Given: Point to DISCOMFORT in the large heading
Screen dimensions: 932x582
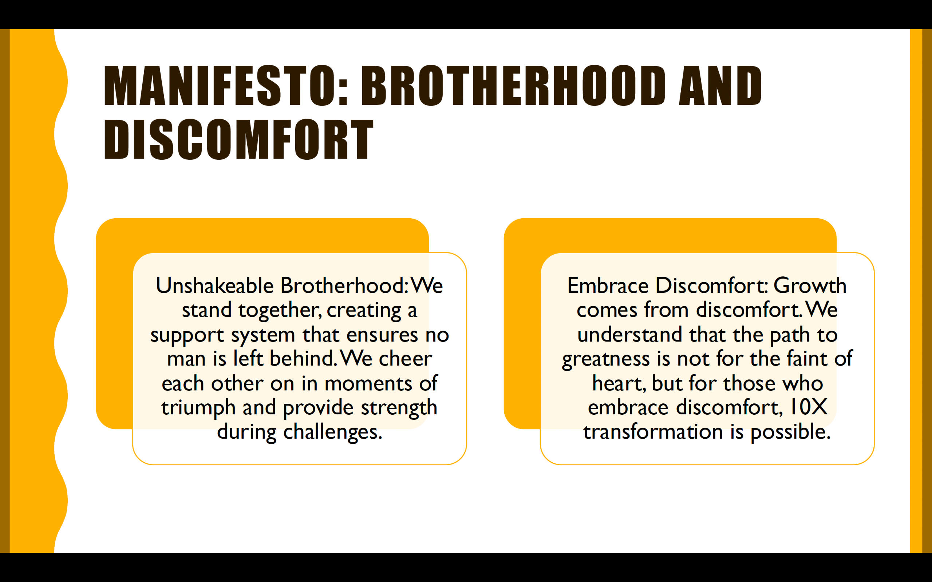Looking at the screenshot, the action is pos(239,139).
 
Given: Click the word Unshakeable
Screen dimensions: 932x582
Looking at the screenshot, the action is pos(214,285).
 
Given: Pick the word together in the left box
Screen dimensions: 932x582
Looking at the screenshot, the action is pos(280,310).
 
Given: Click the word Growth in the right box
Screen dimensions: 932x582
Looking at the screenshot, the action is pos(810,285).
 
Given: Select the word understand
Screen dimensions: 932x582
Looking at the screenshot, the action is pos(630,335).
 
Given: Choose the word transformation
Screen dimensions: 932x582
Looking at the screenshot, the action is pos(653,431).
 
